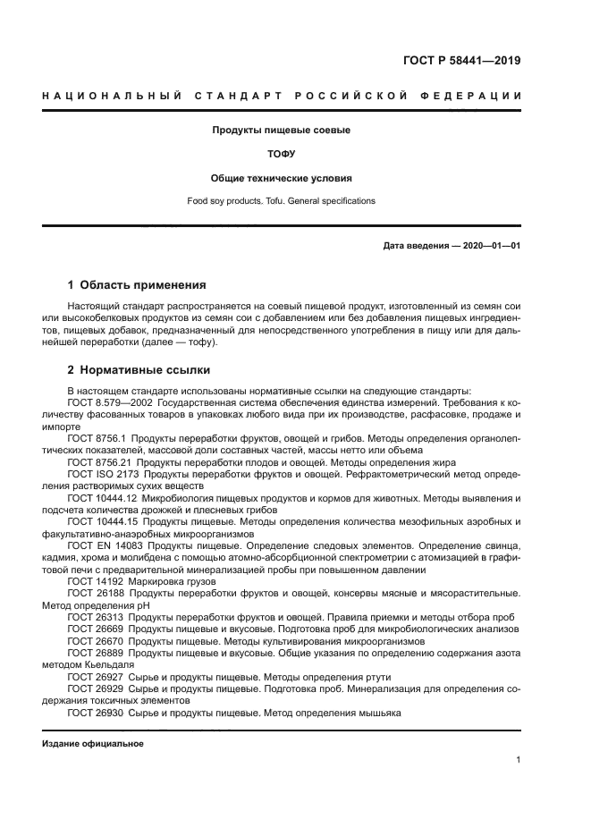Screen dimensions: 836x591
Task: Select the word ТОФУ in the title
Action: pos(281,154)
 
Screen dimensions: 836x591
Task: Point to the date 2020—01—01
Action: pos(490,246)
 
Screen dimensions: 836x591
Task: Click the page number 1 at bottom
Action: pos(518,761)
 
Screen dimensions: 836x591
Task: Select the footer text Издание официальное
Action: pos(93,743)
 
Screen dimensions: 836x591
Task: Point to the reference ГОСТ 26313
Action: pos(96,617)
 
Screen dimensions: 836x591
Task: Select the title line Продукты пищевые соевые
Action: pos(281,130)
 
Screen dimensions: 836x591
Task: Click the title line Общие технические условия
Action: pos(281,178)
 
